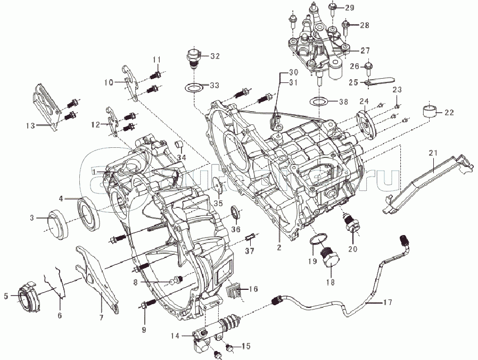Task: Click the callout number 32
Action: [x=215, y=56]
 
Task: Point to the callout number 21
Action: [x=433, y=153]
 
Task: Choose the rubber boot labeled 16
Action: [x=234, y=290]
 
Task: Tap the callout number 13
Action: [x=29, y=125]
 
